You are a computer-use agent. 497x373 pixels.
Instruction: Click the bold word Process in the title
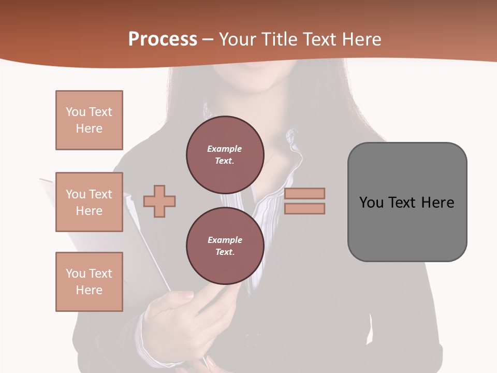click(x=163, y=39)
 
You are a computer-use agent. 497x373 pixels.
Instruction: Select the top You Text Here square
click(x=89, y=120)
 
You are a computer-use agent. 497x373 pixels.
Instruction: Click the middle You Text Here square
click(x=89, y=202)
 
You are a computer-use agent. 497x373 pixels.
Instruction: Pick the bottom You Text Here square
click(x=89, y=282)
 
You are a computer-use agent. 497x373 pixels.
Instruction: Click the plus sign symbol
click(x=159, y=201)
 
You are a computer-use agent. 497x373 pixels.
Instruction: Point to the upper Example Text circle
click(x=225, y=154)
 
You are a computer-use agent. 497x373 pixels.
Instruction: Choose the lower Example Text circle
click(x=225, y=246)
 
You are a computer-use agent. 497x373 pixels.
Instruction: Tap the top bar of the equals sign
click(x=304, y=193)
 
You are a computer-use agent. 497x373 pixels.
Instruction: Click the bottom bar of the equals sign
click(x=304, y=208)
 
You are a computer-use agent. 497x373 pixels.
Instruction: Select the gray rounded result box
click(x=407, y=202)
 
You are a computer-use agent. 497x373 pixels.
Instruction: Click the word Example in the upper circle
click(x=225, y=149)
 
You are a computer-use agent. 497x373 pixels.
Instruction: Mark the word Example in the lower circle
click(x=225, y=240)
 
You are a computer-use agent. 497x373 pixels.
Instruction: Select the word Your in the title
click(x=237, y=39)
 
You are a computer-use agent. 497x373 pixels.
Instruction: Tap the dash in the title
click(x=208, y=40)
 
